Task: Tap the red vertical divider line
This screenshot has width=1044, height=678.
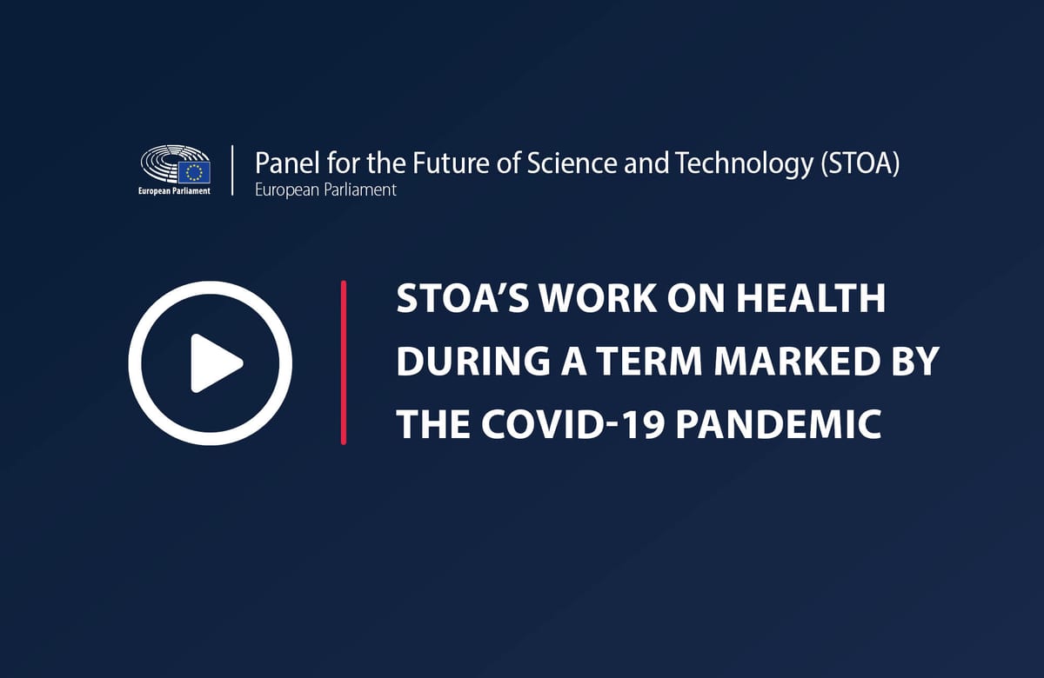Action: [x=344, y=362]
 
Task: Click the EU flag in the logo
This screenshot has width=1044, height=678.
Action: [x=194, y=172]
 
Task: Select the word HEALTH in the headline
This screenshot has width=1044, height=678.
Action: [x=811, y=298]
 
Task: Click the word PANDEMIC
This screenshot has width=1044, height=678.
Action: [x=779, y=424]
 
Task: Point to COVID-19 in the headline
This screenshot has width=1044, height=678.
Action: [x=572, y=424]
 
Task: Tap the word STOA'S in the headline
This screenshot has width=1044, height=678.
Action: [x=462, y=298]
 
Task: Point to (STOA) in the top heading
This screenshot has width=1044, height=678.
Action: [x=860, y=164]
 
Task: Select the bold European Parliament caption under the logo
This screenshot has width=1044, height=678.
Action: [x=174, y=191]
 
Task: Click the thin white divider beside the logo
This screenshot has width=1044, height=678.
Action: [x=232, y=170]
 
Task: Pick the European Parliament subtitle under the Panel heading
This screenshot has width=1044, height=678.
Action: [x=325, y=190]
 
